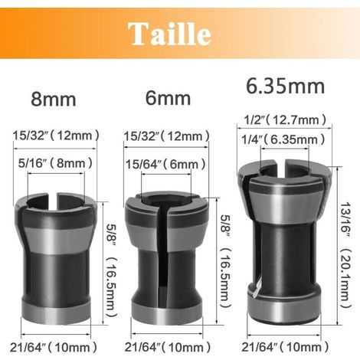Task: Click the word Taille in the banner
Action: tap(169, 34)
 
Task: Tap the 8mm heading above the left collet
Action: tap(54, 100)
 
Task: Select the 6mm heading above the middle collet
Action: tap(168, 99)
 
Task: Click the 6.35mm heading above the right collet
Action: tap(285, 87)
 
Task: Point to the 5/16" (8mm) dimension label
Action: tap(55, 163)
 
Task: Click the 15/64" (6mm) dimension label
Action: tap(165, 164)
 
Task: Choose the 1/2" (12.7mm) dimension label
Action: tap(285, 119)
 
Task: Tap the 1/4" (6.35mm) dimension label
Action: tap(283, 139)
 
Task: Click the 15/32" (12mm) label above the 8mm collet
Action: tap(56, 136)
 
